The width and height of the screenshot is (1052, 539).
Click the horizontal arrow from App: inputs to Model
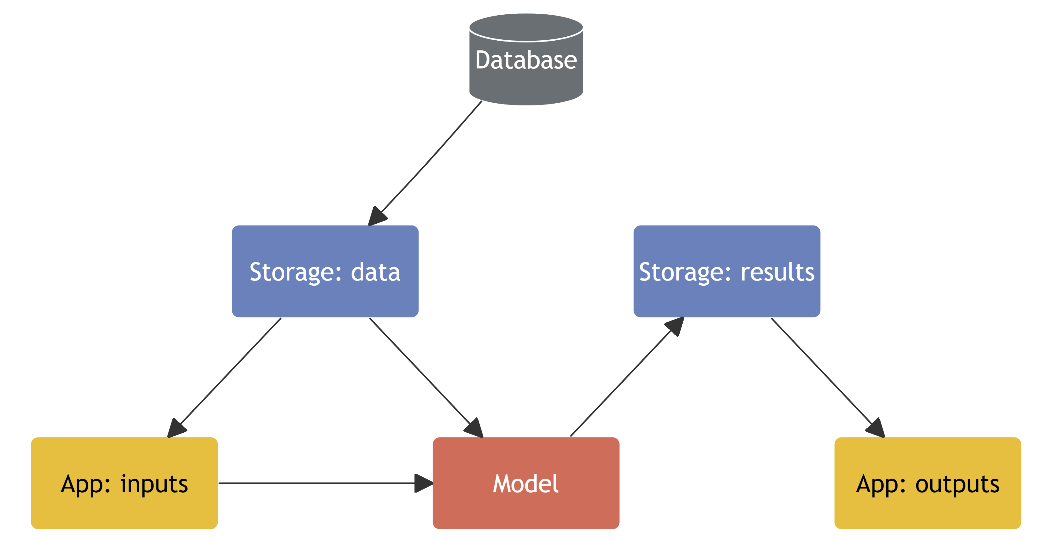(x=319, y=483)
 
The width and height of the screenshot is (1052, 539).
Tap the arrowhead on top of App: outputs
(x=876, y=428)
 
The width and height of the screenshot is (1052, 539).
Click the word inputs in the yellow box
(x=154, y=485)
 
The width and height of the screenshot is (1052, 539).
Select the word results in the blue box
(x=777, y=272)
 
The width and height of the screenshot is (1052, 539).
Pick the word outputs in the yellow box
(x=957, y=485)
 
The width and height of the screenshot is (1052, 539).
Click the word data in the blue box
(x=375, y=272)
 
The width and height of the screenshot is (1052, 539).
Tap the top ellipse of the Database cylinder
(x=526, y=27)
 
